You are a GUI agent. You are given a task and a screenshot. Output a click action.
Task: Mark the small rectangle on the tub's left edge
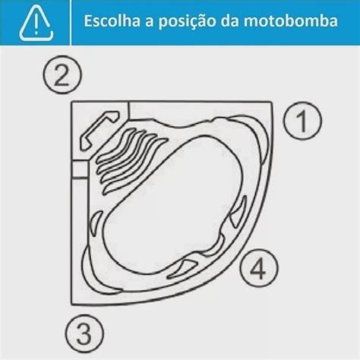click(79, 171)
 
